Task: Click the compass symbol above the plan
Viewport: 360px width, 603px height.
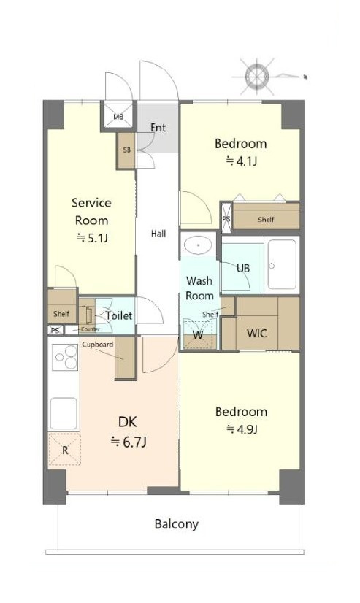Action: (x=257, y=76)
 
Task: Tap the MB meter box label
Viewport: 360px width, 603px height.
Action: (x=118, y=117)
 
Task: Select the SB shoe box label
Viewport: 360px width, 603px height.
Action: (x=126, y=150)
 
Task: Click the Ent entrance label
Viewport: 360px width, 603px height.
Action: (x=158, y=128)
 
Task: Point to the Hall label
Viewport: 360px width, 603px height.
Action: (x=158, y=234)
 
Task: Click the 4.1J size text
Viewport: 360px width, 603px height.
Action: (x=241, y=161)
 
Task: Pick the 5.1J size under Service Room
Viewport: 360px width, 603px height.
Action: (x=92, y=238)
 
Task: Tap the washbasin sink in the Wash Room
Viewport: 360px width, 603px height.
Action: (x=199, y=245)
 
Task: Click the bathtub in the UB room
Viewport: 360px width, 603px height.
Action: (x=283, y=264)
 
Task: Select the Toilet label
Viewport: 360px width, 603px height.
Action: (x=119, y=315)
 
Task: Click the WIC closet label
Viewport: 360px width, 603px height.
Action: (x=257, y=333)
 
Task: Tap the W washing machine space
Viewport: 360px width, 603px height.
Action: (x=199, y=334)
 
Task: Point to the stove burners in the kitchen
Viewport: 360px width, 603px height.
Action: (x=65, y=358)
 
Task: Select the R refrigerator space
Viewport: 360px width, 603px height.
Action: (x=64, y=450)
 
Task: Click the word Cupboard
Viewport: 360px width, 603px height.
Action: (x=98, y=345)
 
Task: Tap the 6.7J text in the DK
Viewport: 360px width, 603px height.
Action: (x=129, y=442)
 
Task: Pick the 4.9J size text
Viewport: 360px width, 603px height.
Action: (x=242, y=429)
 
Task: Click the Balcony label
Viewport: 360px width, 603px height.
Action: (x=177, y=523)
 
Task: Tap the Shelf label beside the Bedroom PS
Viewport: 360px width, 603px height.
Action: (x=266, y=220)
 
